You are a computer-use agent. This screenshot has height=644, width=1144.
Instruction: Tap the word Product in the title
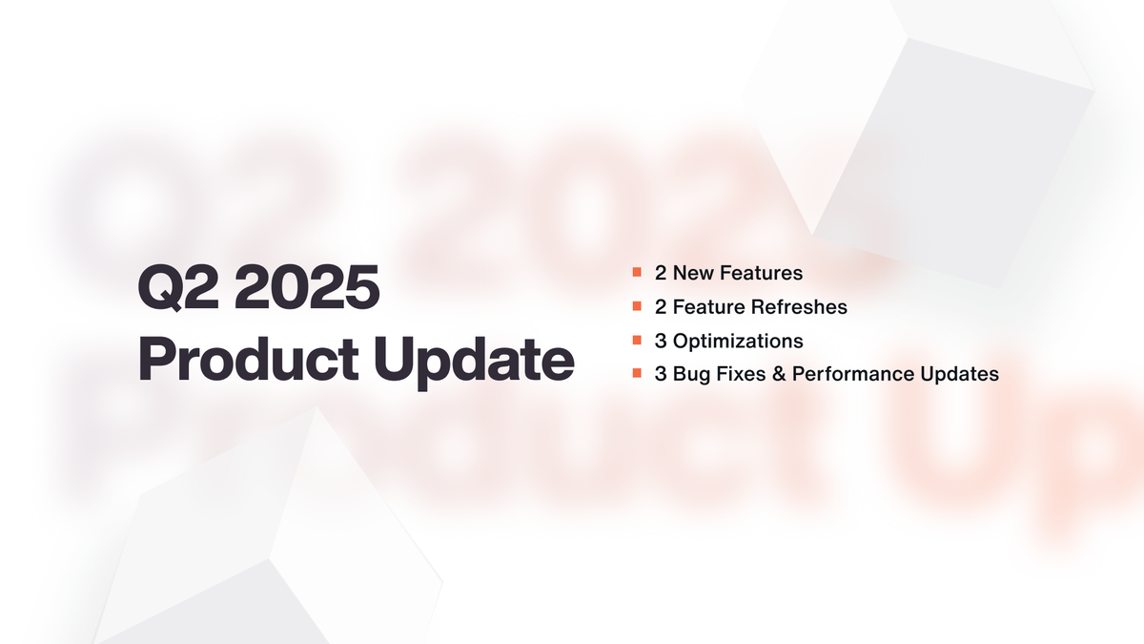pos(241,360)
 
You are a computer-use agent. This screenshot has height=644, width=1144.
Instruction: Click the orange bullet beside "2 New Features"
pos(636,273)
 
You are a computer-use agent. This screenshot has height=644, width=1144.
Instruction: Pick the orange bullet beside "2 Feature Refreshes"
pos(636,307)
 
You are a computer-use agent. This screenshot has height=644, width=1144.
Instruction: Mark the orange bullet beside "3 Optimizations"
pos(636,341)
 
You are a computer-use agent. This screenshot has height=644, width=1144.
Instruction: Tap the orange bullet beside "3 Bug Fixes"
pos(636,374)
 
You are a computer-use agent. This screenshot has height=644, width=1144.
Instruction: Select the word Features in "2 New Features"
pos(762,274)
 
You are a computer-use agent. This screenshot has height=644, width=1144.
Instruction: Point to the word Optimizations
pos(738,341)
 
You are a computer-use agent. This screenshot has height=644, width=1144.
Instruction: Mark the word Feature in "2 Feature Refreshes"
pos(705,307)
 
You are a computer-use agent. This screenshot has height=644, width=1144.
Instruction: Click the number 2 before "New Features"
pos(661,274)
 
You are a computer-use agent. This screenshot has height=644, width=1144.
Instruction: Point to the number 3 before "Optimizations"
pos(661,341)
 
